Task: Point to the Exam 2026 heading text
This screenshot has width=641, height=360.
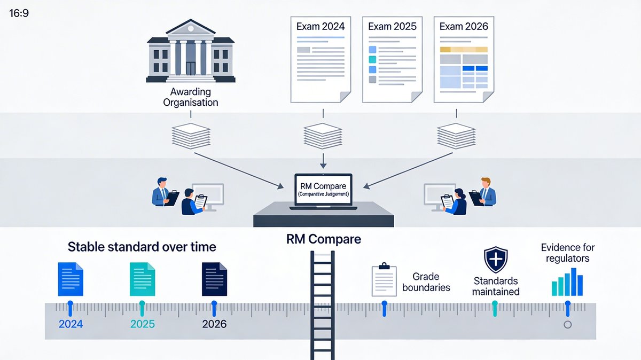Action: tap(464, 26)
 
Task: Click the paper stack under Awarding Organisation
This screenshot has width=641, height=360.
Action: tap(190, 137)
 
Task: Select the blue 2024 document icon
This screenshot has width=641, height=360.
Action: tap(71, 279)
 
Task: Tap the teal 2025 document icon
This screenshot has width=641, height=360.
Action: tap(142, 279)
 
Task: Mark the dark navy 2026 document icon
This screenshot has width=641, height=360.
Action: tap(214, 279)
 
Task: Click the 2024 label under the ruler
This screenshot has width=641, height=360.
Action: tap(71, 324)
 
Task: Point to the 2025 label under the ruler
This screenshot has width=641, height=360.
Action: tap(142, 324)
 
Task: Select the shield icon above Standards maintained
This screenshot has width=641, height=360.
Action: tap(496, 260)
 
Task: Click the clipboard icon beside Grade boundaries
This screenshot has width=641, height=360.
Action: tap(384, 280)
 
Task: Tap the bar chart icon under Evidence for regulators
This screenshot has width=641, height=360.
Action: tap(567, 282)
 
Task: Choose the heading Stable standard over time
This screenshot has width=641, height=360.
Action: tap(142, 247)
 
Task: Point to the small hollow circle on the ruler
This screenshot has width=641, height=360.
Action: tap(568, 324)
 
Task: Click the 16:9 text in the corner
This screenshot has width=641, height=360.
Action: tap(19, 12)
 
